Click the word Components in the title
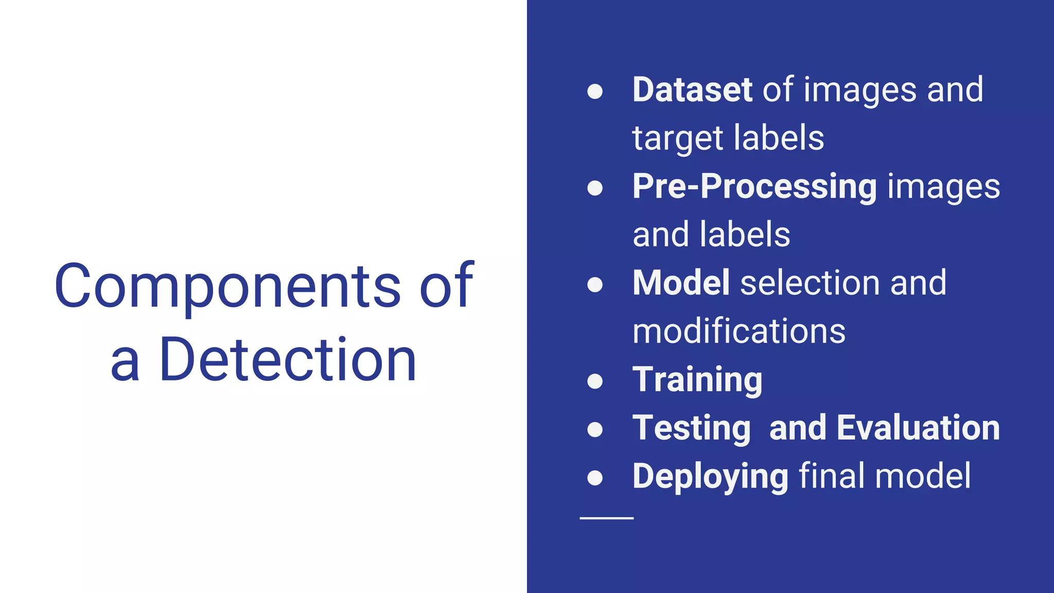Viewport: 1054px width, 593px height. click(x=227, y=286)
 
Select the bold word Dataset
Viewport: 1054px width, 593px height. click(x=692, y=90)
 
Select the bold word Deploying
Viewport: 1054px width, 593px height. click(x=710, y=476)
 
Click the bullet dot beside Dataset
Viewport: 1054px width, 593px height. click(x=595, y=92)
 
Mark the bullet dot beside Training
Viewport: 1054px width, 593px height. click(x=595, y=381)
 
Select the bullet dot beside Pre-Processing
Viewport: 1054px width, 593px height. click(x=595, y=188)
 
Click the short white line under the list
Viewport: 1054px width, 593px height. click(x=606, y=518)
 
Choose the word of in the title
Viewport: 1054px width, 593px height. click(x=446, y=286)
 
